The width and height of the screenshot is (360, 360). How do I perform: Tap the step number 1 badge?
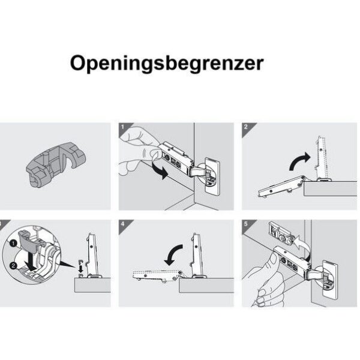[122, 127]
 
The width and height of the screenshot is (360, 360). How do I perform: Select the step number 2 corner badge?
[246, 127]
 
